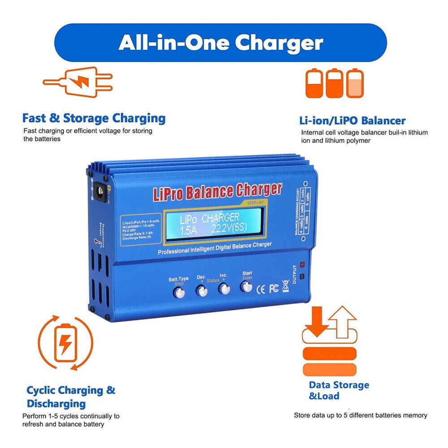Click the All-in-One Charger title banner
coord(220,43)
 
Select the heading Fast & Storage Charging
coord(94,118)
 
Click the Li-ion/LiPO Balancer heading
coord(352,120)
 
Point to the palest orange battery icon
coord(356,83)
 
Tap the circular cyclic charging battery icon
coord(65,343)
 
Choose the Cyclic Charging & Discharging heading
coord(71,396)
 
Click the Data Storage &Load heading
coord(339,390)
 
